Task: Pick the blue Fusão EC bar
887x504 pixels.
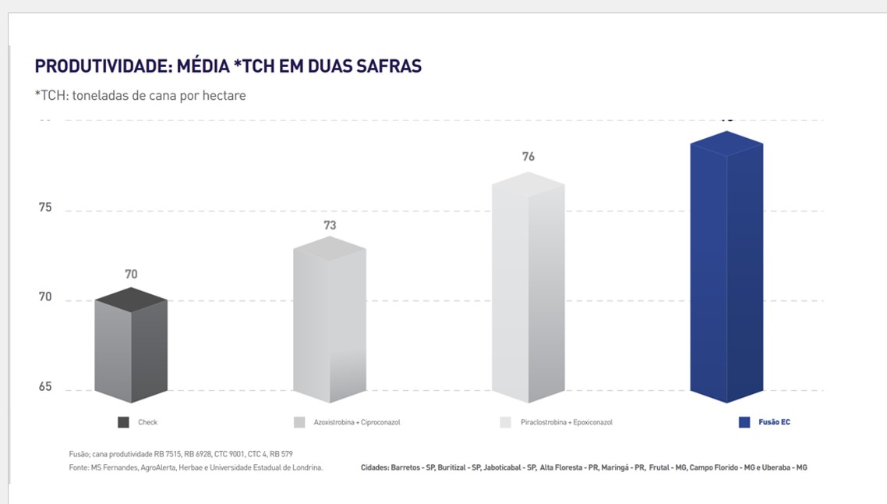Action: (726, 269)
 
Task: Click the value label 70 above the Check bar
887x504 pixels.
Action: (131, 275)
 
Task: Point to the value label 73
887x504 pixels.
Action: (330, 225)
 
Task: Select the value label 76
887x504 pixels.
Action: (528, 157)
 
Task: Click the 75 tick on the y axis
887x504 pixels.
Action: (45, 208)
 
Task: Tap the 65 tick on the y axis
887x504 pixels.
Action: (45, 387)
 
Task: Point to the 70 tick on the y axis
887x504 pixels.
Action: (45, 297)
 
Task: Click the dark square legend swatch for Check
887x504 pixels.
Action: (123, 422)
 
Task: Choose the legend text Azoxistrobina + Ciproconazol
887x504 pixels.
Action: (356, 422)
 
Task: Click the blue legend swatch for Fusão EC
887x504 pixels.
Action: (744, 422)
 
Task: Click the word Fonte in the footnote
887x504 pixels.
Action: (79, 467)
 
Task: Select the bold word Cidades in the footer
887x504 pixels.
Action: (375, 467)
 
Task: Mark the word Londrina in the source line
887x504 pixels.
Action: (305, 467)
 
